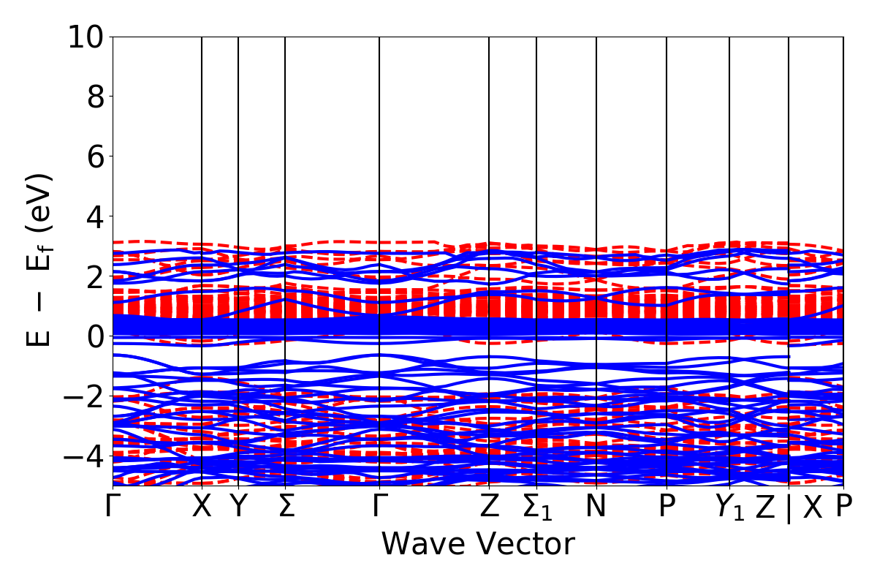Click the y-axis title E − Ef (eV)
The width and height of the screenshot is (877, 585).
pos(40,260)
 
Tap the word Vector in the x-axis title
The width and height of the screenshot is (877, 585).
pos(527,544)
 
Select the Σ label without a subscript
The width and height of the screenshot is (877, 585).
pos(286,507)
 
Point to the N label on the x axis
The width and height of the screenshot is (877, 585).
pos(596,507)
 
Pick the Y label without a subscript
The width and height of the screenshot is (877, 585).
pos(238,507)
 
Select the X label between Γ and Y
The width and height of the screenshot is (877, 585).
pos(202,507)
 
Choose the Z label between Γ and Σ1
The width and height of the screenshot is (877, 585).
pos(488,507)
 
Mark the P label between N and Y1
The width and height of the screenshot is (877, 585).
pos(666,507)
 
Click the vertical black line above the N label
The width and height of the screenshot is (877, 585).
pos(596,183)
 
